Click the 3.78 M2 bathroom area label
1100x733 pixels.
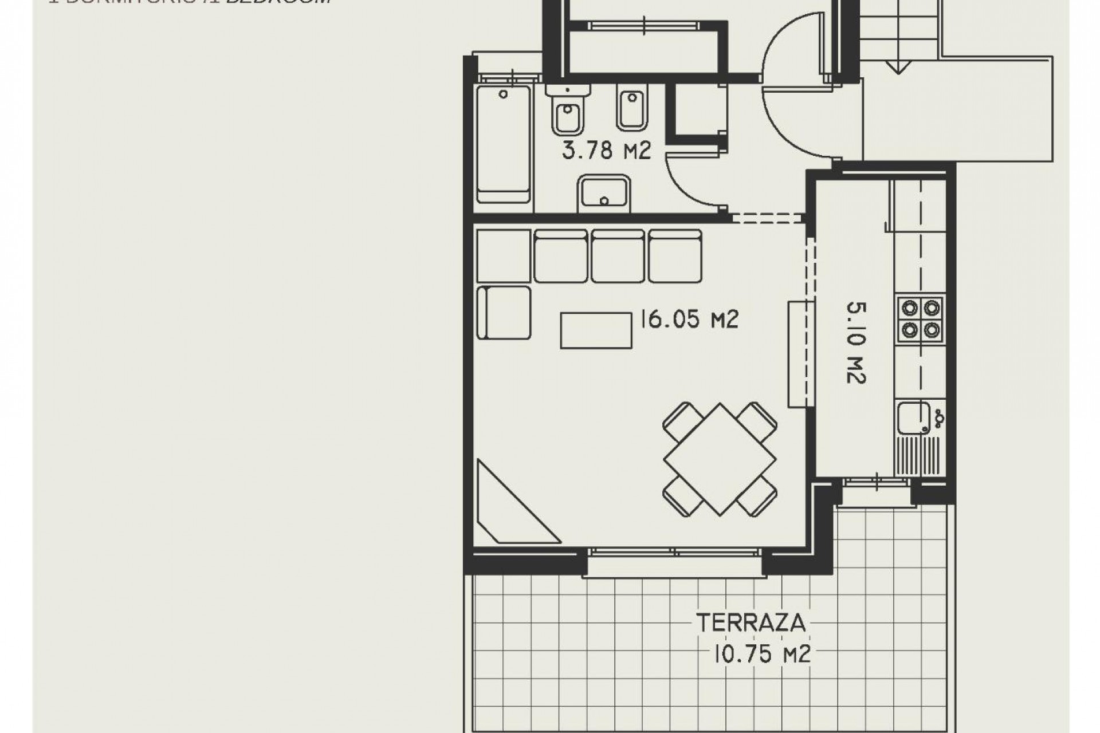tap(606, 151)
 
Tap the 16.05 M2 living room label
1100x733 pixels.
tap(689, 320)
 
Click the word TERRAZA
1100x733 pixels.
tap(751, 623)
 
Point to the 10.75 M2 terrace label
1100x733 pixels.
tap(762, 654)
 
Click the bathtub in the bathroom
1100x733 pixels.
tap(504, 144)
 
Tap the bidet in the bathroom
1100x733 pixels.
tap(632, 109)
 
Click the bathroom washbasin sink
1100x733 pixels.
tap(604, 194)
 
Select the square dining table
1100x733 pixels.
tap(720, 459)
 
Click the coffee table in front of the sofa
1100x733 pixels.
tap(596, 330)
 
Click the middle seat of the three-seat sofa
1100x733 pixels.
tap(618, 256)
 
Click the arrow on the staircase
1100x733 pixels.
tap(898, 67)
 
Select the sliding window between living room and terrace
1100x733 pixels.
tap(674, 553)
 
